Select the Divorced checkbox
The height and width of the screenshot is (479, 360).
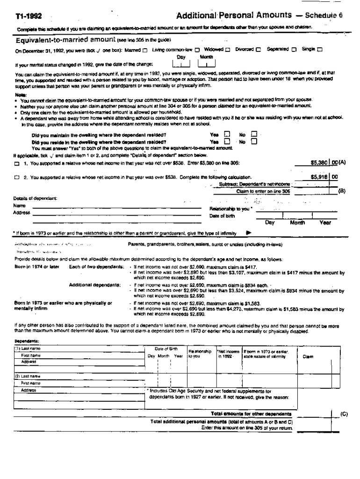pyautogui.click(x=258, y=50)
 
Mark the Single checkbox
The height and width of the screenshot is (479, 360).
pyautogui.click(x=320, y=50)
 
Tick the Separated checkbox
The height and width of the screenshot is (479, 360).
pyautogui.click(x=294, y=50)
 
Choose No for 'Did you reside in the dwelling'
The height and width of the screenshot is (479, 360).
pyautogui.click(x=254, y=141)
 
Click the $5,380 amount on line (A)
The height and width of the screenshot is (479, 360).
pyautogui.click(x=320, y=163)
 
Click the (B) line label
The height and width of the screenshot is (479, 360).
pyautogui.click(x=341, y=191)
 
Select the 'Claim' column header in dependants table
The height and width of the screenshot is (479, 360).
pyautogui.click(x=308, y=357)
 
